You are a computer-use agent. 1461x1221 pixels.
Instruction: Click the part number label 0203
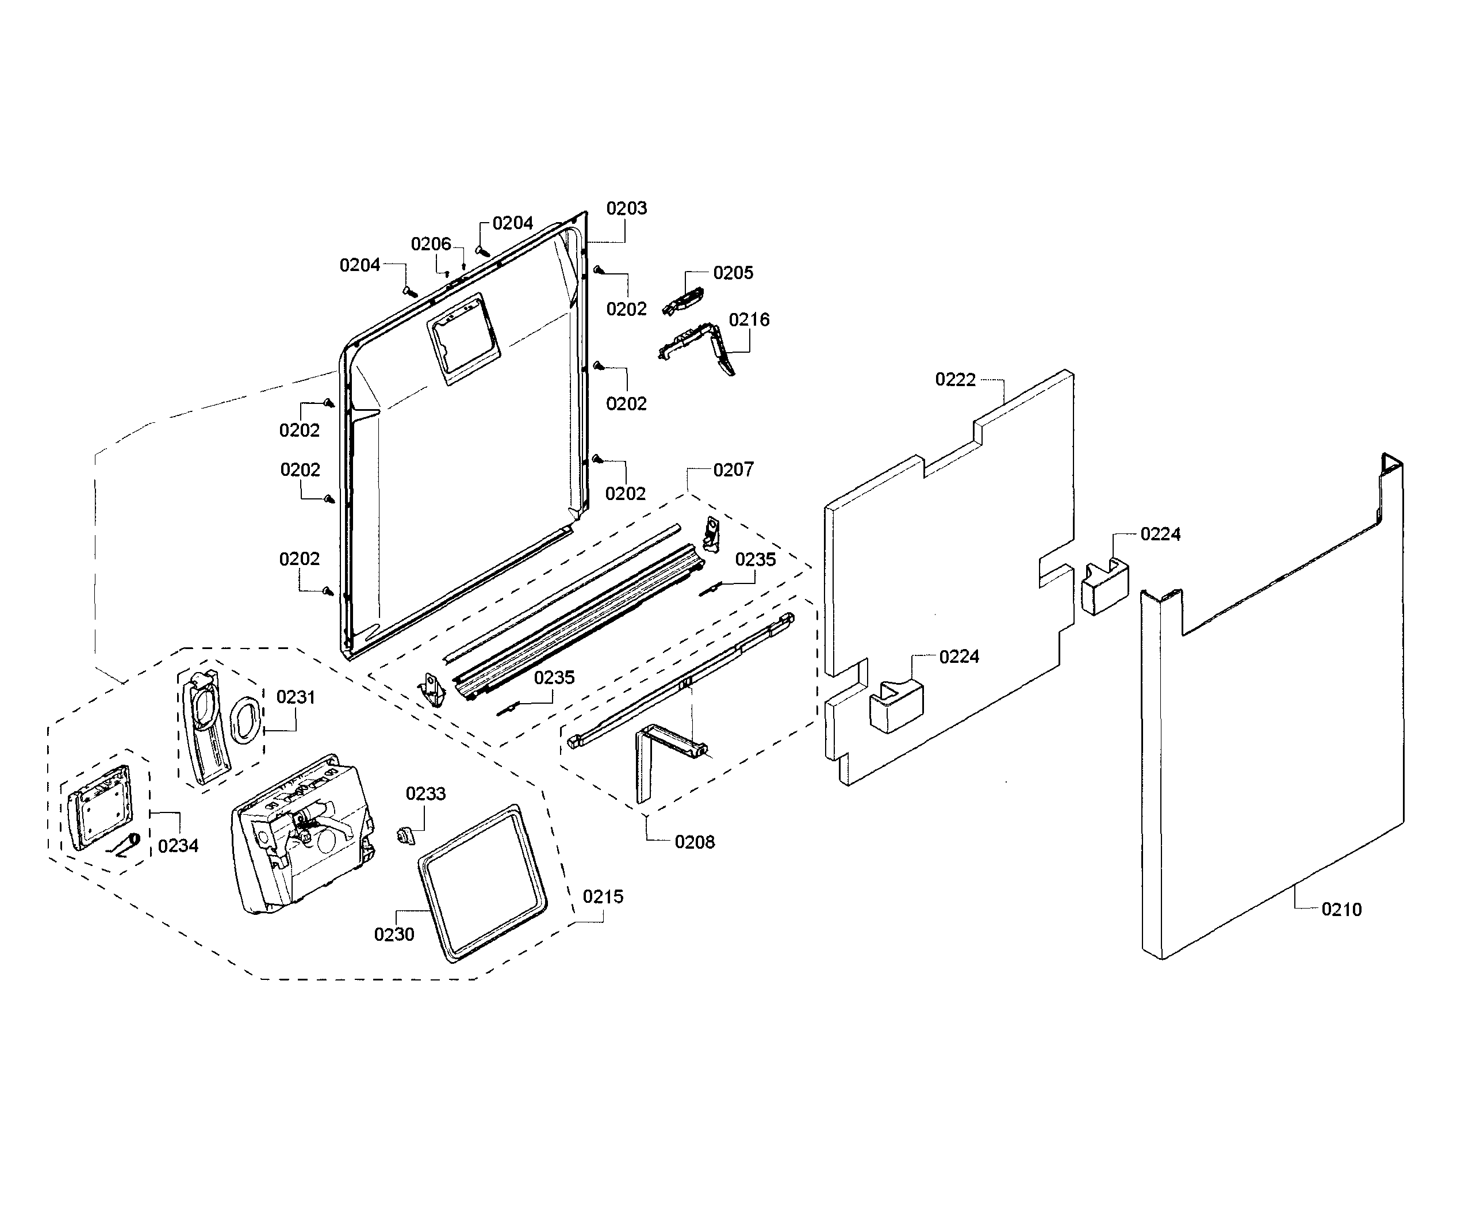coord(626,208)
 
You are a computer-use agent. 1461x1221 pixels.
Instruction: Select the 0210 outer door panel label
coord(1341,909)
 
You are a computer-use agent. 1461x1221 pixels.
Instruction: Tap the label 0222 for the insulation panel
coord(954,379)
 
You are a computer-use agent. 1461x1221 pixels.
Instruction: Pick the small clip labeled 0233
coord(405,834)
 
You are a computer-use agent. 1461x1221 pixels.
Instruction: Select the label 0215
coord(603,896)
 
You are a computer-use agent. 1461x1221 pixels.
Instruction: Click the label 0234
coord(178,846)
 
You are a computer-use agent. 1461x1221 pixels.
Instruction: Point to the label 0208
coord(695,842)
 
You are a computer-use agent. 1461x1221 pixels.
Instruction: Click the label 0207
coord(733,470)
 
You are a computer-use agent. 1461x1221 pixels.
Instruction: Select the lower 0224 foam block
coord(895,706)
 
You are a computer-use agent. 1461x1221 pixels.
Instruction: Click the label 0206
coord(431,243)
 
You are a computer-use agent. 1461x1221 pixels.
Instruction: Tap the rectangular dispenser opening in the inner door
coord(463,338)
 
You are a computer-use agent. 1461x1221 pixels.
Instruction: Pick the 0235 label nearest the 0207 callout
coord(755,560)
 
